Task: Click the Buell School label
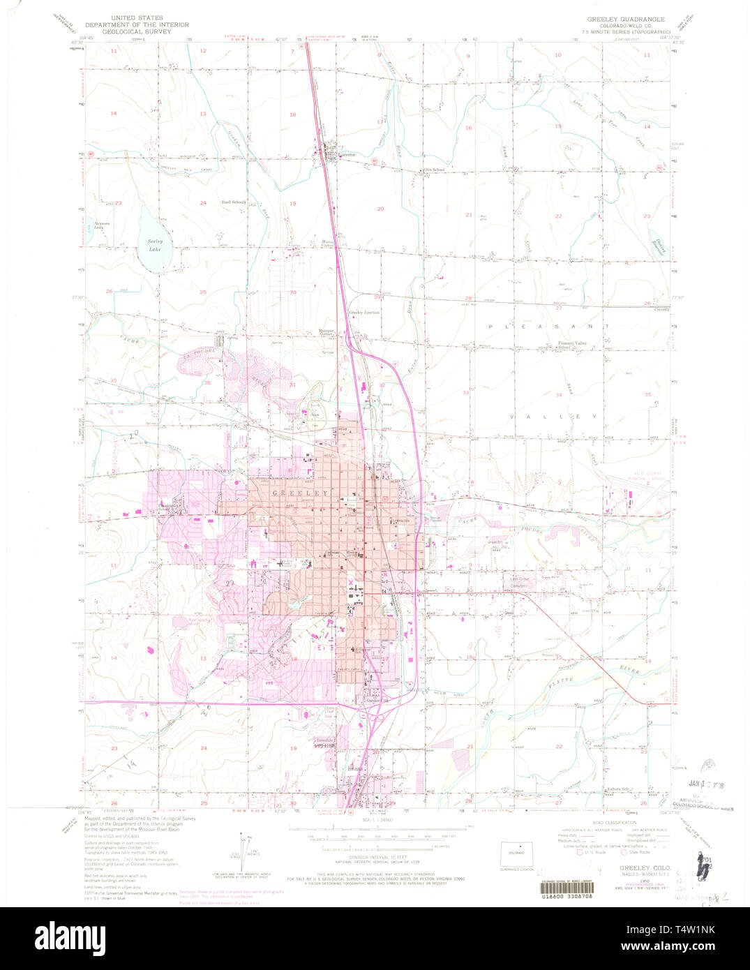(x=233, y=202)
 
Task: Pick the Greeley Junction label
(x=364, y=313)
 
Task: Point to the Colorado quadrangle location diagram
(x=517, y=853)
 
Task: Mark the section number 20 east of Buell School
(x=380, y=209)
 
